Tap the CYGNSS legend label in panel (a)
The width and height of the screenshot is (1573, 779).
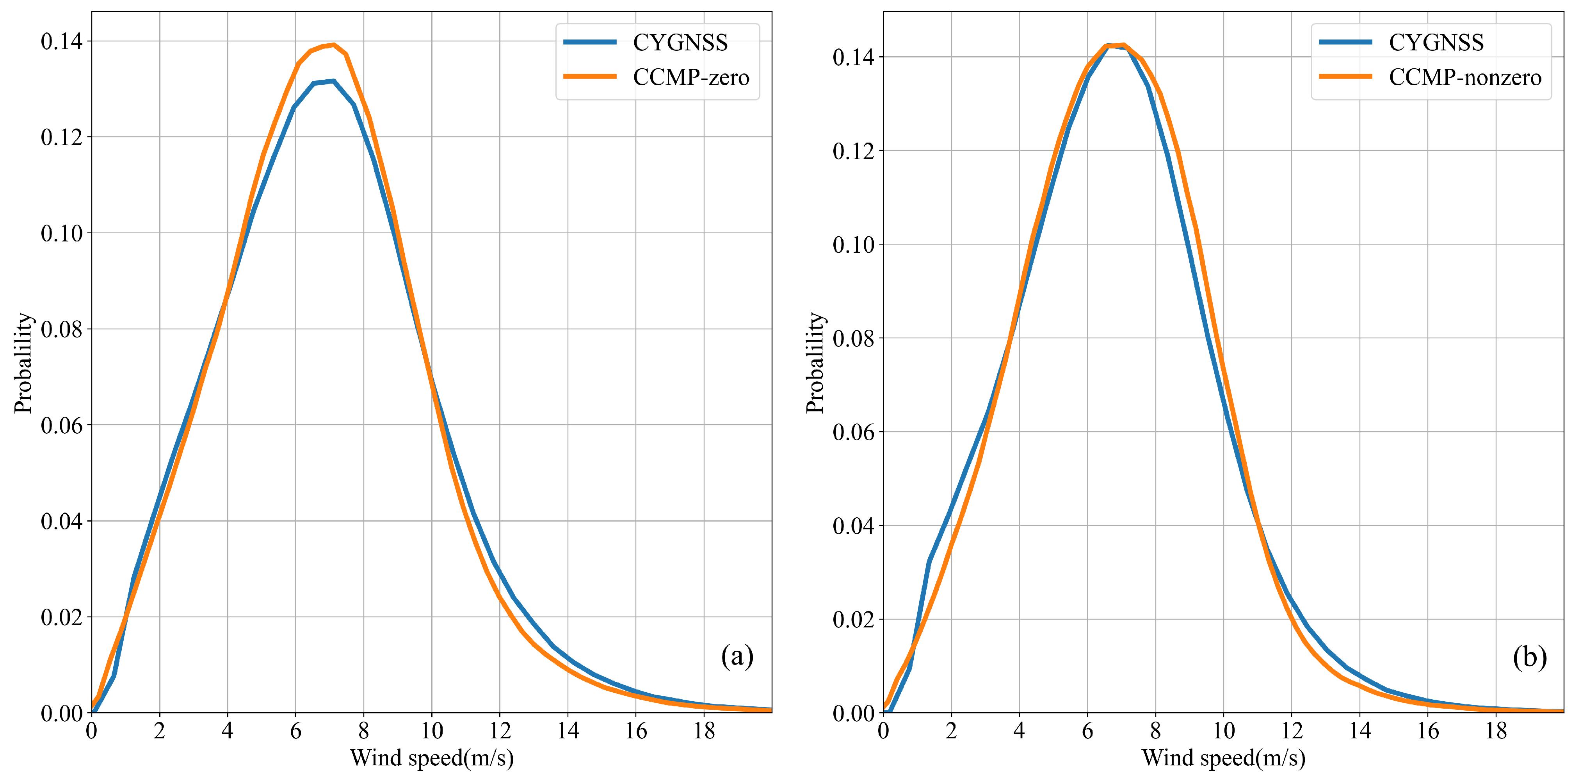coord(680,43)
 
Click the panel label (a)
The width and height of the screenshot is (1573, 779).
coord(737,656)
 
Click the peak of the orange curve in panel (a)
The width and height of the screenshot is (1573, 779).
coord(333,45)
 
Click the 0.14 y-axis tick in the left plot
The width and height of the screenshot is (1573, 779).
coord(61,41)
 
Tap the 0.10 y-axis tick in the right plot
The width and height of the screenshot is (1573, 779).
coord(853,245)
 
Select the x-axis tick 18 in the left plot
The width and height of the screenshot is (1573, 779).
coord(704,731)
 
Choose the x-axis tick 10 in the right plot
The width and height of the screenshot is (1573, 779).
coord(1223,731)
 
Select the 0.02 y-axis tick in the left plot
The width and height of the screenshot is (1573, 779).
coord(61,618)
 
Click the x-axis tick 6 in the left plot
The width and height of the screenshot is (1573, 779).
coord(295,731)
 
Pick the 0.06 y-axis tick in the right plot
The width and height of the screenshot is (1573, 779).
coord(853,432)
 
